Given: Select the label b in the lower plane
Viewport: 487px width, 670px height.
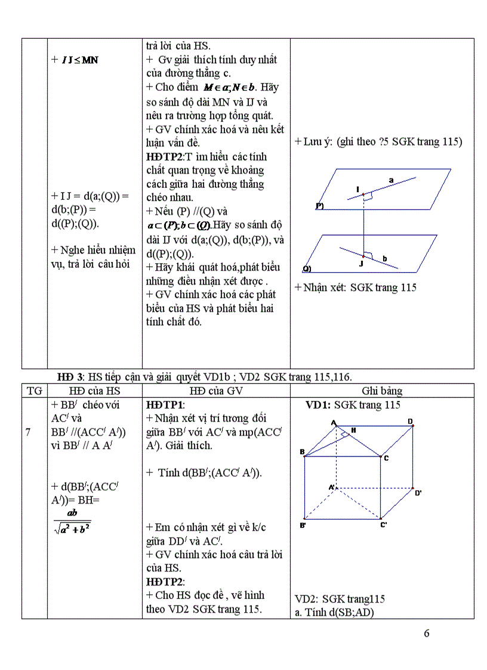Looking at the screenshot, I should (x=385, y=258).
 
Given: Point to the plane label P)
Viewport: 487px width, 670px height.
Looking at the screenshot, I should (x=319, y=206).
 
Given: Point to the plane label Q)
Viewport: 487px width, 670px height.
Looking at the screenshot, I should (x=307, y=268).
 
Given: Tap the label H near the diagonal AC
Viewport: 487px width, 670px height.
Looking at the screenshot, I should (x=354, y=430).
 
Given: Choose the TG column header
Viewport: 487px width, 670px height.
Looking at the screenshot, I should (x=35, y=391).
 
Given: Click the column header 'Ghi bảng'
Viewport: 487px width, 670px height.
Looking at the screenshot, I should (x=382, y=391).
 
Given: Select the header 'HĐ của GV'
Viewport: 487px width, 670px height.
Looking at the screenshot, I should (x=215, y=391).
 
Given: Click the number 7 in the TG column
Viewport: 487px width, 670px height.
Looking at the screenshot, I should (x=29, y=432).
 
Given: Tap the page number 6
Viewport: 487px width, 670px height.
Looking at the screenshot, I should (x=426, y=634).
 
